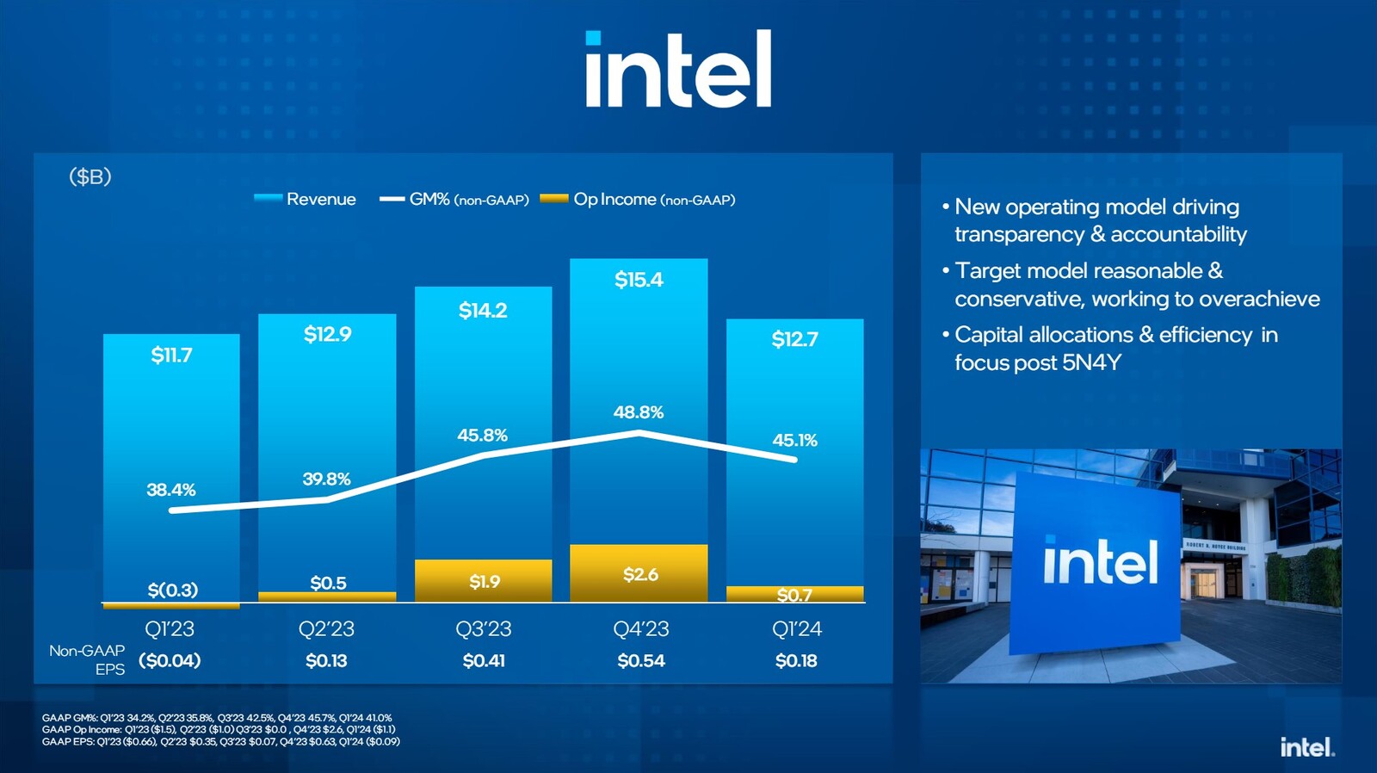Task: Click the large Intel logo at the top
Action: [678, 70]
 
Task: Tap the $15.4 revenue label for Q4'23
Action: [639, 280]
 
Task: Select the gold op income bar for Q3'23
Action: [483, 581]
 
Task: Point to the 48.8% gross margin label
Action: [639, 412]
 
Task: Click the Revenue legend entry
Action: [306, 199]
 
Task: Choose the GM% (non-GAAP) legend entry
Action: [455, 199]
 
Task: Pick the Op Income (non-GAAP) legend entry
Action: [638, 199]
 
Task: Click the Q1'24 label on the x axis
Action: [796, 629]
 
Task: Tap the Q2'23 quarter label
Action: [326, 629]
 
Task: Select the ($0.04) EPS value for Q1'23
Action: [170, 661]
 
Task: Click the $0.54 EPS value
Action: [640, 661]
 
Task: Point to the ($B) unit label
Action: [90, 176]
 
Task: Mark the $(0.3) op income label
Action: [172, 590]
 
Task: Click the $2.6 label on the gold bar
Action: [640, 574]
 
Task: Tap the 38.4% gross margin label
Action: [171, 490]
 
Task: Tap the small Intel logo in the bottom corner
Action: [1306, 747]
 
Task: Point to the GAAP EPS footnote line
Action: [221, 742]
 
